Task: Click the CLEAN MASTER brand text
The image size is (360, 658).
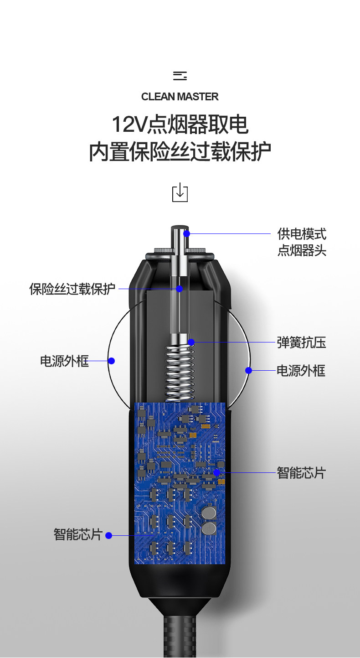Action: [180, 97]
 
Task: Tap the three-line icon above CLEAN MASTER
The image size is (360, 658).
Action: [180, 76]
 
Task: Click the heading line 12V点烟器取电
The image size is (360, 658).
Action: [180, 124]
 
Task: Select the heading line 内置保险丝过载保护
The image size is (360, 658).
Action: [180, 152]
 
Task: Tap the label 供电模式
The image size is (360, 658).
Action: [302, 234]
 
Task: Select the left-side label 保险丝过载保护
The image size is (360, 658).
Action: [72, 289]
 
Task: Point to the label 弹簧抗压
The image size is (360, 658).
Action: [301, 342]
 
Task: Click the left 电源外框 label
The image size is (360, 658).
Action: [64, 361]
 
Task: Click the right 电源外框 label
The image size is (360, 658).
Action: [301, 371]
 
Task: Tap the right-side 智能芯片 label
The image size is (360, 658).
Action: [301, 473]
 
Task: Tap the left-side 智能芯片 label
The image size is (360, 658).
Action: [77, 534]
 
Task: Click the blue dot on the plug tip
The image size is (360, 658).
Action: [186, 234]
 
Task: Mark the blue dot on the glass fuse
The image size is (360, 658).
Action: [180, 289]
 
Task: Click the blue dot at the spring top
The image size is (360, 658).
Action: [191, 342]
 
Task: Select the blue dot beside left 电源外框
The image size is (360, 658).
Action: [112, 361]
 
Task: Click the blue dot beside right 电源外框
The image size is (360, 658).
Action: [248, 370]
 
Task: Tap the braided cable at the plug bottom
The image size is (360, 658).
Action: [180, 638]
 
